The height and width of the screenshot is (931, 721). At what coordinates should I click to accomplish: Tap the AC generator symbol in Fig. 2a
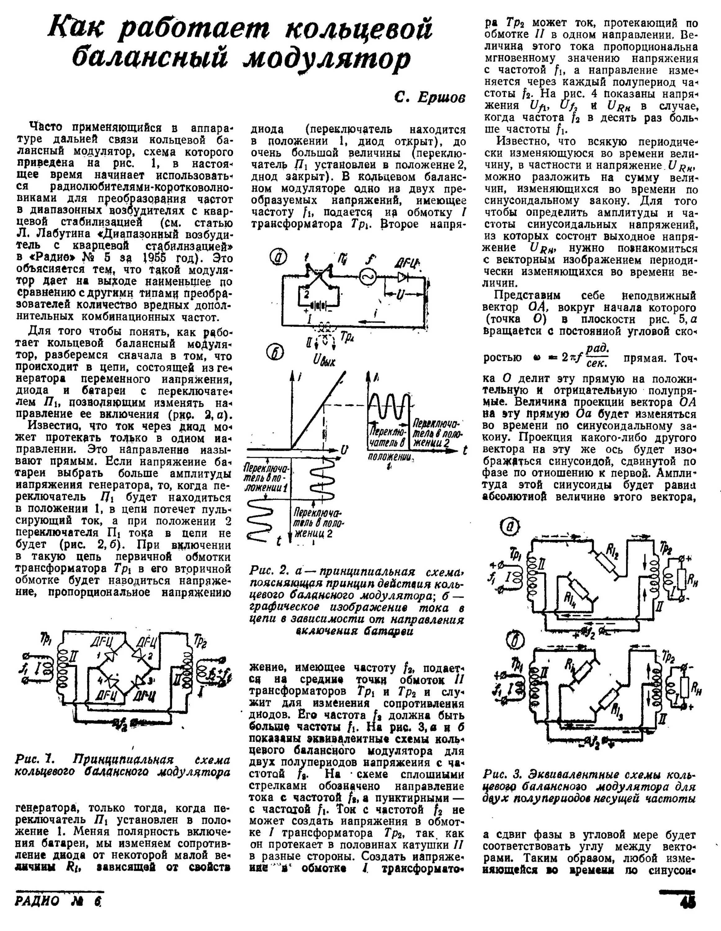pyautogui.click(x=365, y=277)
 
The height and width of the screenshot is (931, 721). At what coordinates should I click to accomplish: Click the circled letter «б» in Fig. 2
pyautogui.click(x=275, y=352)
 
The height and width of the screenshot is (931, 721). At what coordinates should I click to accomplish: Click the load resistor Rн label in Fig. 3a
pyautogui.click(x=693, y=579)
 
